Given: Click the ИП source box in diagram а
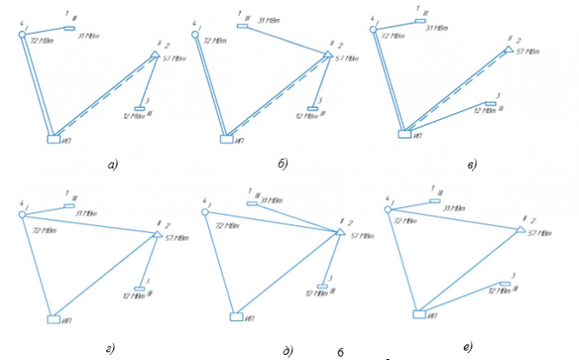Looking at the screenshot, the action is [x=54, y=137].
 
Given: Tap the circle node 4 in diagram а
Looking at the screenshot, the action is [x=23, y=34].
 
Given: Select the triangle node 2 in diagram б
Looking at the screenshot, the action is [x=328, y=54].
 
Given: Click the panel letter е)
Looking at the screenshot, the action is [x=469, y=347].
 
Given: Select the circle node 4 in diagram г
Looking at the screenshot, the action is [x=22, y=214].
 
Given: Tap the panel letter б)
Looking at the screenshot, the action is [x=282, y=163].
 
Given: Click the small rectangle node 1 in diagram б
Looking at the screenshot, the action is [x=243, y=27].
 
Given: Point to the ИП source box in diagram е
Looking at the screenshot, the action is [x=419, y=313].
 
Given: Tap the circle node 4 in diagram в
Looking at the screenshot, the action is [x=374, y=29].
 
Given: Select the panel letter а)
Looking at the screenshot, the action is [x=111, y=163].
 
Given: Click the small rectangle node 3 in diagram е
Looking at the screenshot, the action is [x=504, y=283].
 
